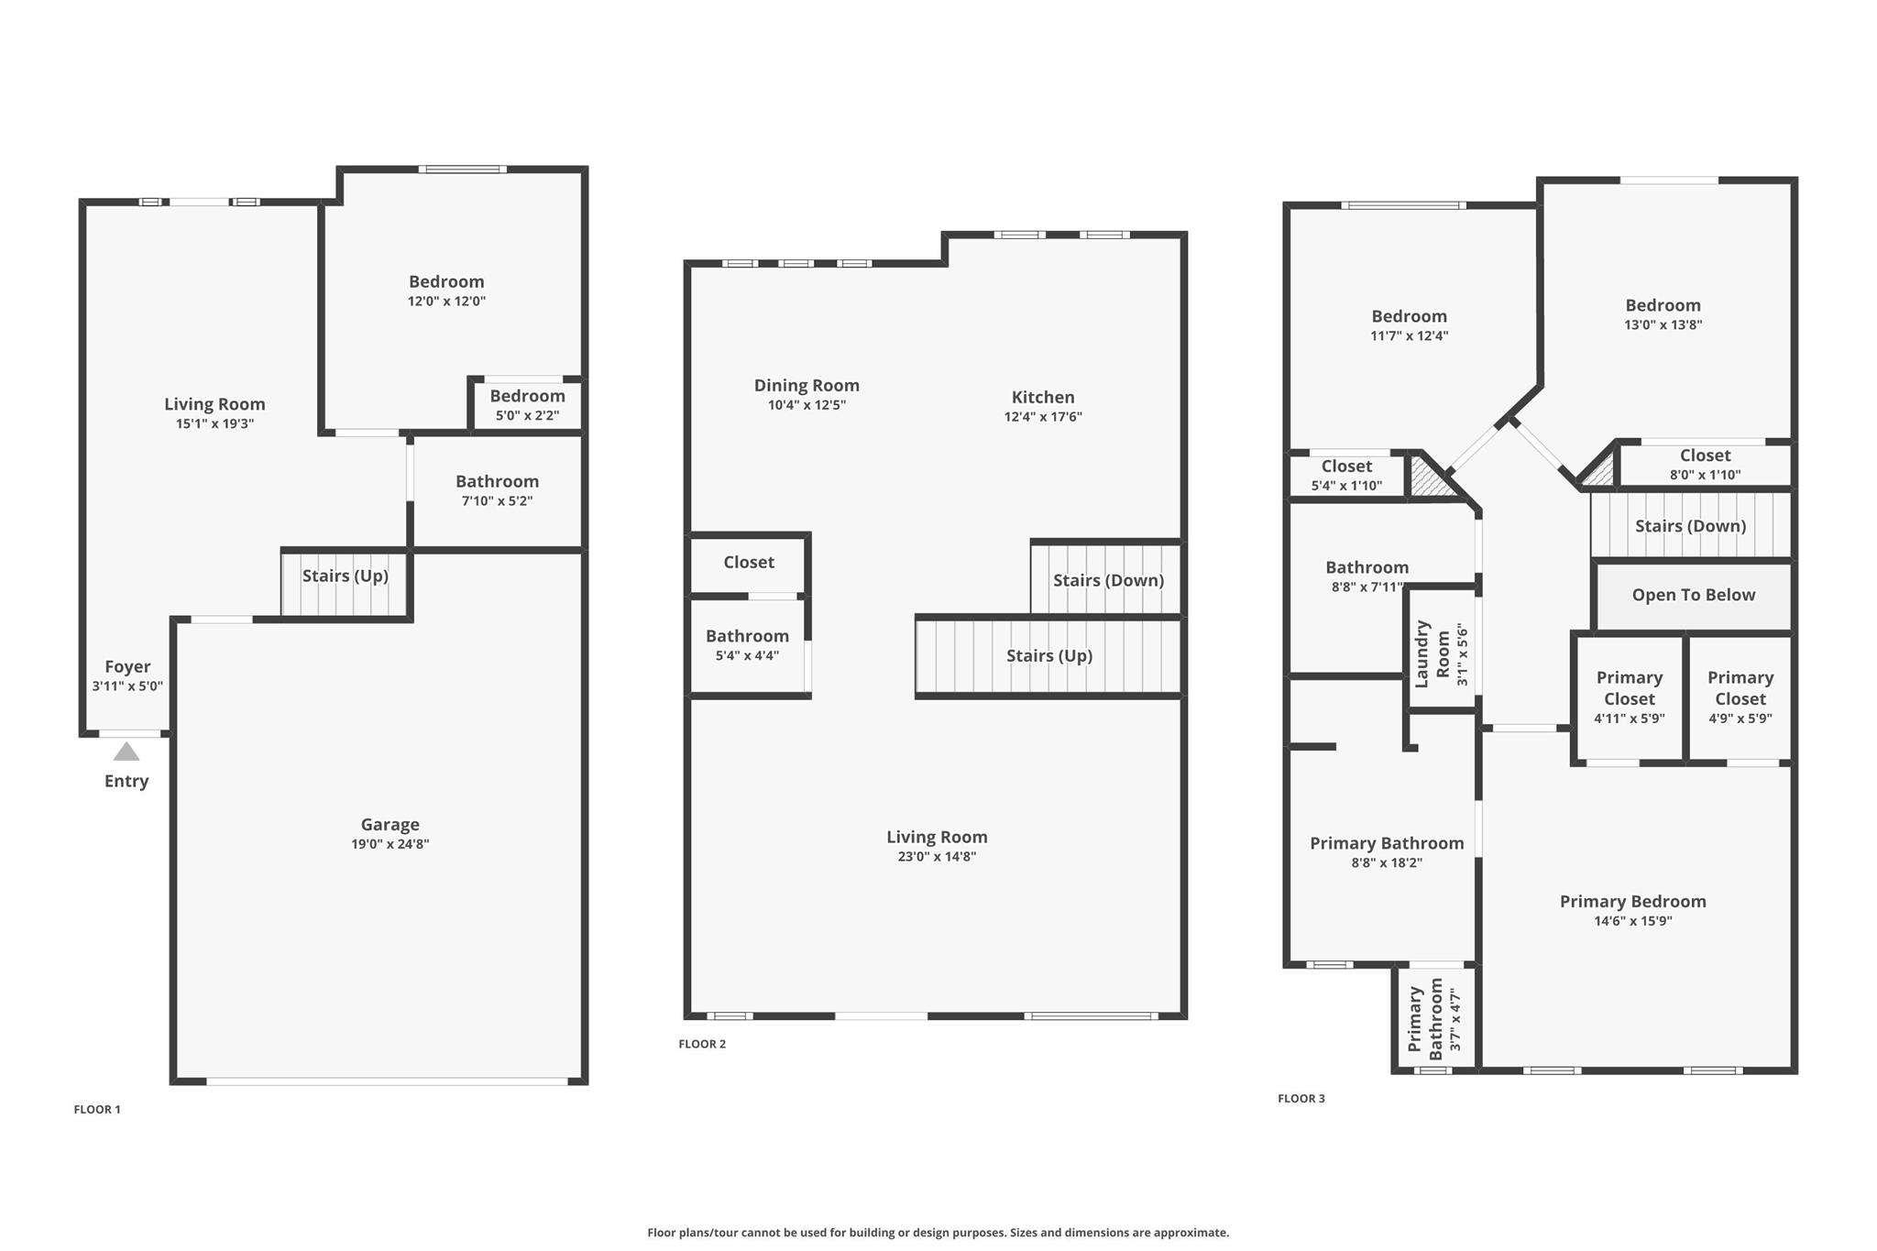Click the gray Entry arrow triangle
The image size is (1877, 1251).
coord(126,752)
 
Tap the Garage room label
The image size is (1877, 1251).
coord(390,825)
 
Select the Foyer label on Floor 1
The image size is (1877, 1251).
coord(127,666)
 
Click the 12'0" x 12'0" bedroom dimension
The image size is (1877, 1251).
coord(446,302)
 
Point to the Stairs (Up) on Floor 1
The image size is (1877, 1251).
coord(345,583)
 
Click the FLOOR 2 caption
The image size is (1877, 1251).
coord(702,1044)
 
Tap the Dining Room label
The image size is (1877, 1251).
coord(807,386)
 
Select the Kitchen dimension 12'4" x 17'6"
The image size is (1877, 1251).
coord(1043,417)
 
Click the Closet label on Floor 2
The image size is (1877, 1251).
coord(749,562)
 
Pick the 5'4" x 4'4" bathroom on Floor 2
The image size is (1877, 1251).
coord(747,646)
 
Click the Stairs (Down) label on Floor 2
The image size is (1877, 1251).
coord(1108,580)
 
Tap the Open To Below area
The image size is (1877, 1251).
coord(1693,596)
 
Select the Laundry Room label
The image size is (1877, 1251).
coord(1432,653)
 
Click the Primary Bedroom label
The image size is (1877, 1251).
coord(1632,901)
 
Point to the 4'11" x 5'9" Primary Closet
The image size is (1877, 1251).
coord(1629,698)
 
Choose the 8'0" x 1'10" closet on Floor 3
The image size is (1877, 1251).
coord(1705,465)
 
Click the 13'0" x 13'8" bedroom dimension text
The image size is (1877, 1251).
coord(1663,324)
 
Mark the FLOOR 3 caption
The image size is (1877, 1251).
coord(1301,1099)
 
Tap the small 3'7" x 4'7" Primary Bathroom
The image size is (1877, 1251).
coord(1434,1018)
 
